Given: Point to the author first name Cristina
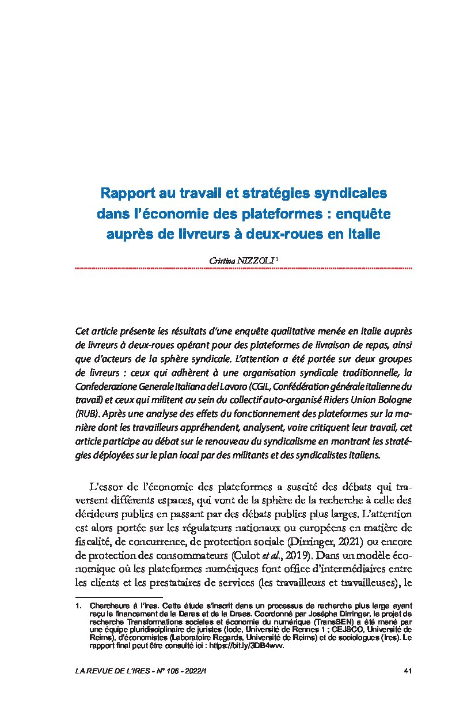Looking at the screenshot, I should tap(222, 261).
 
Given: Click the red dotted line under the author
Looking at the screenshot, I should tap(244, 268).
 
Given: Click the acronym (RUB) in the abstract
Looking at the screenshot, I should tap(86, 413).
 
